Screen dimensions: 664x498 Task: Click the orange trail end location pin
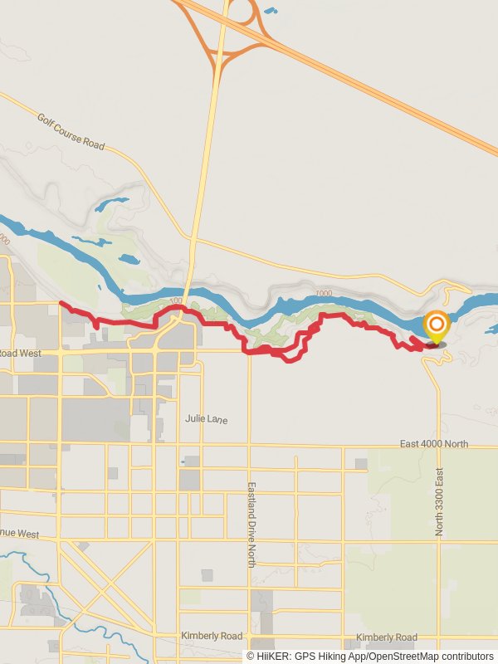[436, 326]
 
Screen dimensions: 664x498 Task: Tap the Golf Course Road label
[71, 131]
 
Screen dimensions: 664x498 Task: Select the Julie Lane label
[206, 420]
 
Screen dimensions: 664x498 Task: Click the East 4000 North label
[433, 444]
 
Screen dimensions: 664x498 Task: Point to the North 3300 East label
[440, 500]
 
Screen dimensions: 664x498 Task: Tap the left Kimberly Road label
[212, 636]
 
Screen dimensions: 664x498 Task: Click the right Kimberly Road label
[386, 637]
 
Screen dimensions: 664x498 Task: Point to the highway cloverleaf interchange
[242, 18]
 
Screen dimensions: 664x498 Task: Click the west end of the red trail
[61, 304]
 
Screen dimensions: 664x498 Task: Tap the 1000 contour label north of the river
[324, 294]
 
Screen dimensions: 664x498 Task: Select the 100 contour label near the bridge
[174, 300]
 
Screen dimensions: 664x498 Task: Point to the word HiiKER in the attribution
[274, 657]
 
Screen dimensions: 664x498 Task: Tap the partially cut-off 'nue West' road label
[20, 534]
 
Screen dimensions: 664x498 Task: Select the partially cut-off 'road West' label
[20, 353]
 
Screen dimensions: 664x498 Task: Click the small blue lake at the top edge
[271, 11]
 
